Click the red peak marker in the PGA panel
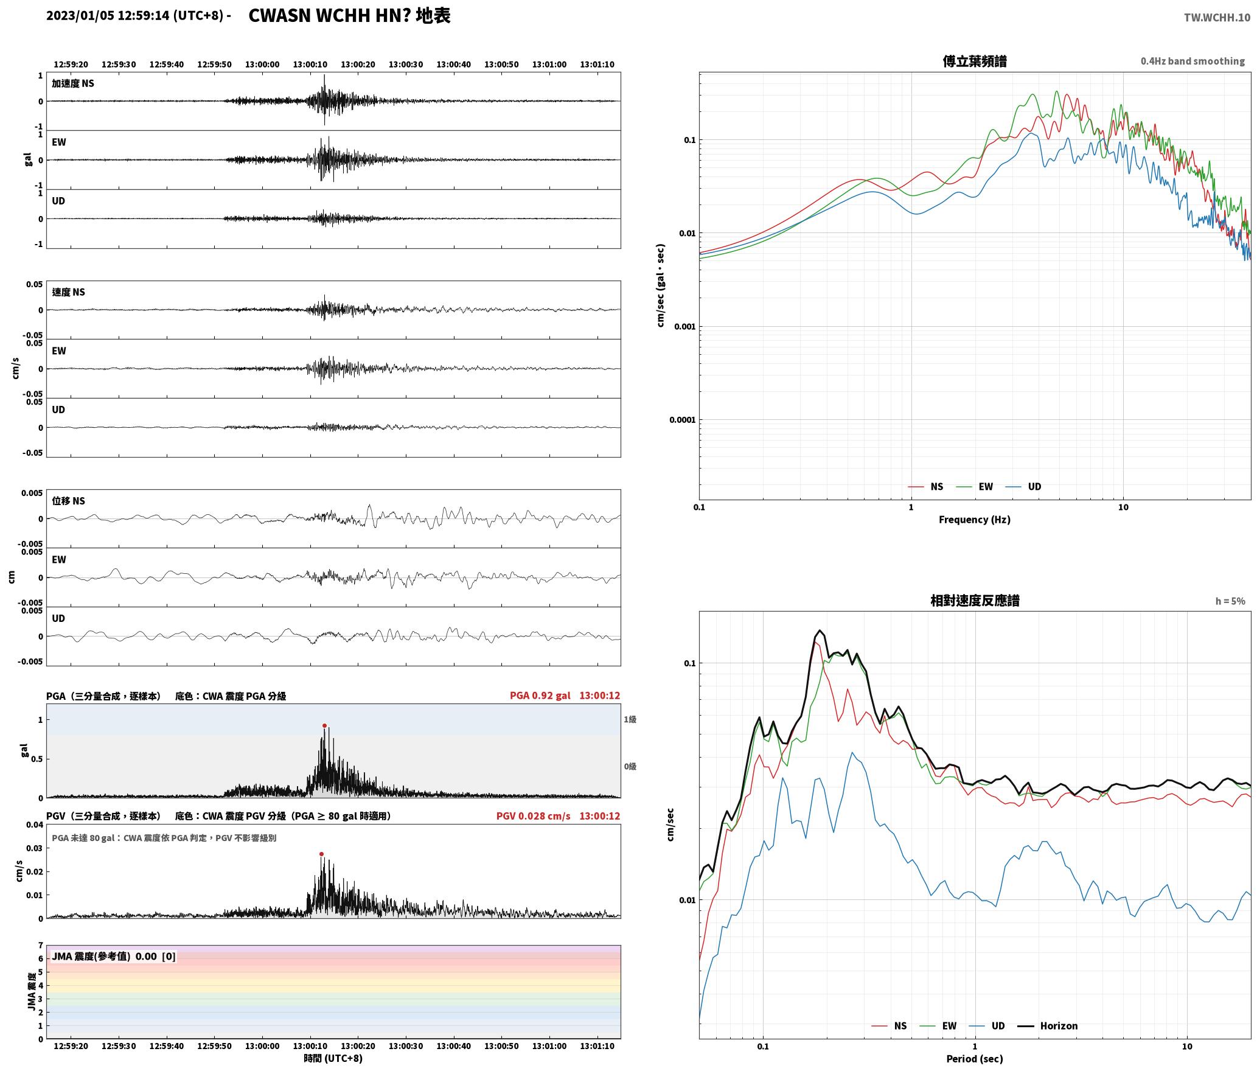pos(324,725)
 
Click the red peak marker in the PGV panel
pos(321,854)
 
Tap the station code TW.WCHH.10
pos(1217,18)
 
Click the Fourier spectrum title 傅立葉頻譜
pos(975,61)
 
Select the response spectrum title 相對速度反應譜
pos(975,601)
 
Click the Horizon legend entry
pos(1048,1026)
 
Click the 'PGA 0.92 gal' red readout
pos(540,696)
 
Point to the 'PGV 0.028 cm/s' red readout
pos(534,816)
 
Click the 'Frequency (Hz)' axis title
pos(975,520)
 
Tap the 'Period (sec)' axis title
pos(975,1059)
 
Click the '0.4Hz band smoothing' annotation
pos(1193,61)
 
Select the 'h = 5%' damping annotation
pos(1230,601)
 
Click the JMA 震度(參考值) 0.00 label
pos(104,957)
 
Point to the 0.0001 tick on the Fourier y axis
pos(682,420)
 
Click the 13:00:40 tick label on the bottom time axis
pos(453,1046)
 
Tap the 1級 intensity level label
pos(630,720)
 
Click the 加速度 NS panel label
pos(73,83)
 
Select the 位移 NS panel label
pos(69,501)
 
